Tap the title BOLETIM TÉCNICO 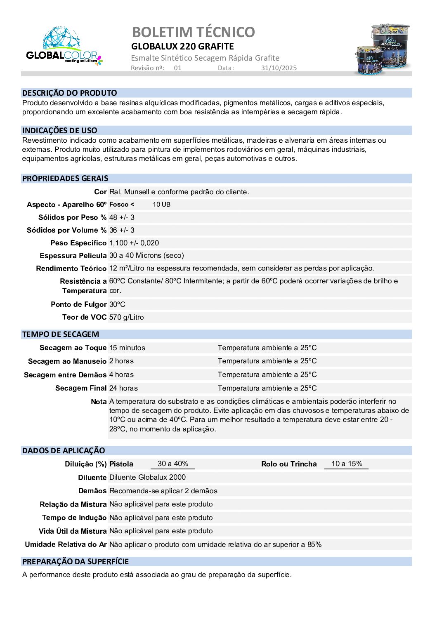194,32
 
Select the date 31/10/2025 279,68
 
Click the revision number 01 177,68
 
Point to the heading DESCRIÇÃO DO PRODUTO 70,93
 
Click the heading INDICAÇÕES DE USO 60,131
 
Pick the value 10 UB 161,205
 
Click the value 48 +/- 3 122,217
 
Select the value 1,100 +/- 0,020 134,243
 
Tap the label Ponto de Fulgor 78,304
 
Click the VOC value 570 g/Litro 127,317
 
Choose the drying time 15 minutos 127,348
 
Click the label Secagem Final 81,388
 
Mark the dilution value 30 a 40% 173,464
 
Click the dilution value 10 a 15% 347,464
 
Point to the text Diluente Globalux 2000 147,477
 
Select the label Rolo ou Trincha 289,464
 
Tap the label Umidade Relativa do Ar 66,544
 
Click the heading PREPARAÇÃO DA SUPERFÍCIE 76,562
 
